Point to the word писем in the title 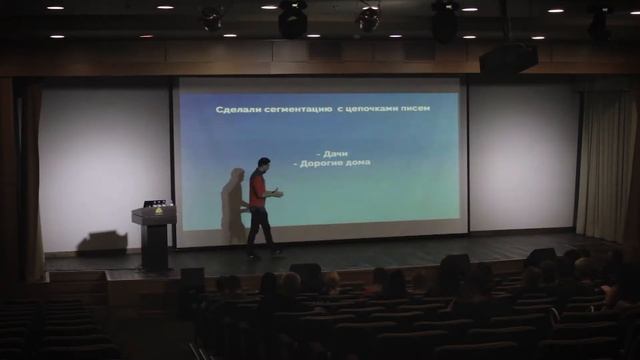point(415,108)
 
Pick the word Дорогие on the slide point(317,162)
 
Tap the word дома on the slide point(355,162)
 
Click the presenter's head point(264,163)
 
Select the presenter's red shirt point(258,189)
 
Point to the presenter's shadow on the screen point(233,205)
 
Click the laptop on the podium point(155,204)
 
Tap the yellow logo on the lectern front point(154,214)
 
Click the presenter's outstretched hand point(280,192)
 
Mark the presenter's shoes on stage point(262,253)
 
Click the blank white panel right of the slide point(522,155)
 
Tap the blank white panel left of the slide point(105,160)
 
